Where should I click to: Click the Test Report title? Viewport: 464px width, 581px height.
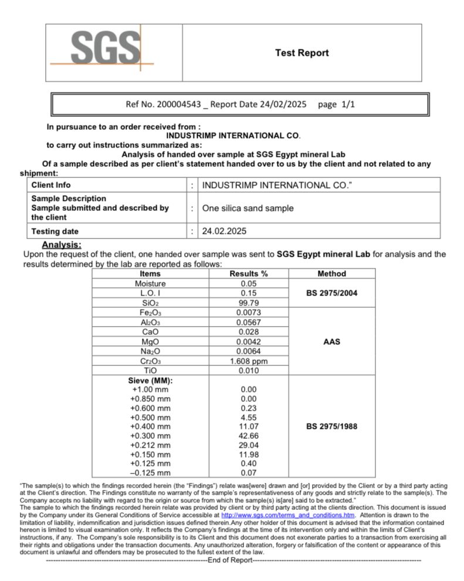click(x=302, y=53)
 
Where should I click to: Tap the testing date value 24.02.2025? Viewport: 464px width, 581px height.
click(x=225, y=231)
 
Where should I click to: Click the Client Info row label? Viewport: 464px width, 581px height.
click(x=51, y=185)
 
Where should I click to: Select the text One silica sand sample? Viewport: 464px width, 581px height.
click(x=248, y=208)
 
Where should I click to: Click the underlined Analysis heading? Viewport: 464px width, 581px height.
click(x=62, y=245)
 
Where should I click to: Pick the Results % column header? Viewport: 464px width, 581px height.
click(x=248, y=274)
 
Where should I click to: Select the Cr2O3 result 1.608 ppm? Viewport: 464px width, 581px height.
click(x=249, y=361)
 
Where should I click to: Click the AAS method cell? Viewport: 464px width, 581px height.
click(x=331, y=341)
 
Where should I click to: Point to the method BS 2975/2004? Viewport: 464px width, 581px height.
click(x=331, y=293)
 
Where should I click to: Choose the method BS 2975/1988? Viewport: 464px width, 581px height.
click(x=331, y=426)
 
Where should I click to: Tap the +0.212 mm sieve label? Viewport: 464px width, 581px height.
click(x=150, y=445)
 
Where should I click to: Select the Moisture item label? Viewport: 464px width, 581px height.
click(x=150, y=284)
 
